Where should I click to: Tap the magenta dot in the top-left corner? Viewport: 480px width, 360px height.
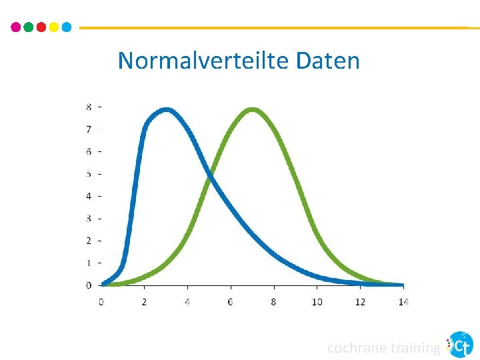coord(16,27)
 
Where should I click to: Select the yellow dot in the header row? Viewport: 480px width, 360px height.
coord(53,27)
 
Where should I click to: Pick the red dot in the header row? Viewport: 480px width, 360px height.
coord(41,27)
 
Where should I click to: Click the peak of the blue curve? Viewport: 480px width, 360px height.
coord(166,111)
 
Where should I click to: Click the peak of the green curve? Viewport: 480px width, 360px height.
coord(252,111)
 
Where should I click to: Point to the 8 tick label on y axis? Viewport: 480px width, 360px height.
coord(89,107)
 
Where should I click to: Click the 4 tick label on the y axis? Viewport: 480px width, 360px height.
coord(89,196)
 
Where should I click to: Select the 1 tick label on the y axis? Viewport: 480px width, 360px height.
coord(89,263)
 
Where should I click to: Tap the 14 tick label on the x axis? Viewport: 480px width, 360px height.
coord(403,302)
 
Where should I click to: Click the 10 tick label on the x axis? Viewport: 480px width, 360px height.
coord(317,302)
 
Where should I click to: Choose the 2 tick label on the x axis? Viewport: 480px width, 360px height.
coord(145,302)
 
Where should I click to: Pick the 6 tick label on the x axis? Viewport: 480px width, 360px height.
coord(231,302)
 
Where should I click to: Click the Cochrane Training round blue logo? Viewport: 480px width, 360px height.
coord(459,345)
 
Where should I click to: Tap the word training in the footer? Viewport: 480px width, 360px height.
coord(415,347)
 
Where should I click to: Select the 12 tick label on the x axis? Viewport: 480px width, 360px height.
coord(360,302)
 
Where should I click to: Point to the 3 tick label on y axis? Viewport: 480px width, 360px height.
coord(89,218)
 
